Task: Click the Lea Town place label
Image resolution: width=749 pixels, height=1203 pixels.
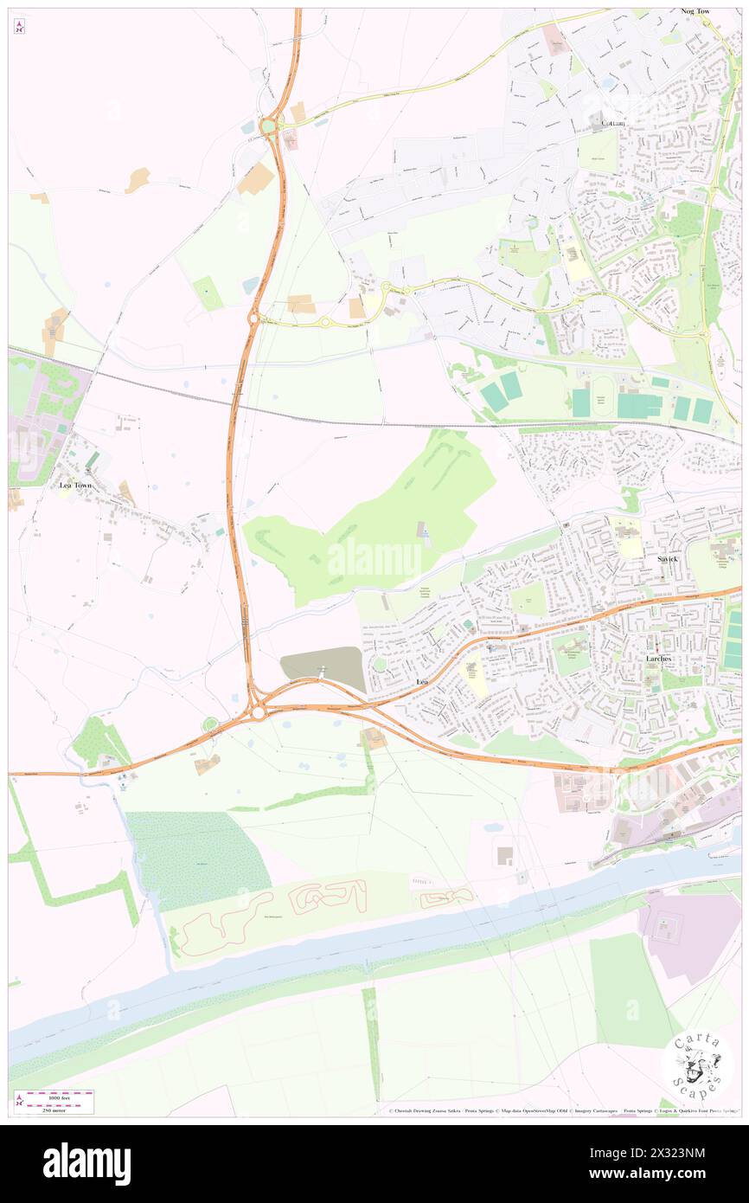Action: (x=75, y=486)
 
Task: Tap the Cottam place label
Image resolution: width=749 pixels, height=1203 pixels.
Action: (x=619, y=124)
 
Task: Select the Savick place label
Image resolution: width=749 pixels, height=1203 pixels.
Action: (x=667, y=559)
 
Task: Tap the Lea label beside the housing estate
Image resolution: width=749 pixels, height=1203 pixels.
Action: (x=422, y=683)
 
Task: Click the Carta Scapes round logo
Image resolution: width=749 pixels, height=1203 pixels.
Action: (x=697, y=1067)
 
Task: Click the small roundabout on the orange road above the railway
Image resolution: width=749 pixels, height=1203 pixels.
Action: (x=253, y=318)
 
